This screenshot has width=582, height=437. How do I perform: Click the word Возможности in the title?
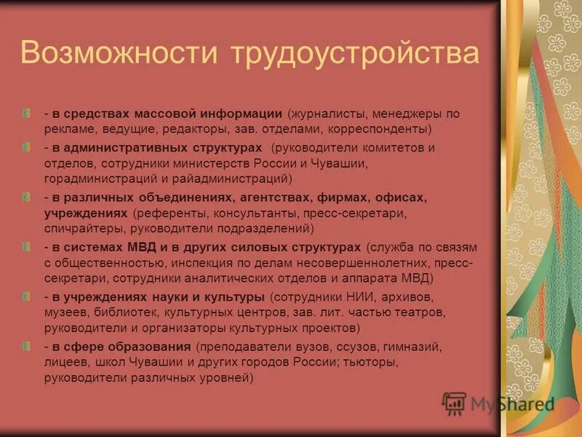(x=120, y=55)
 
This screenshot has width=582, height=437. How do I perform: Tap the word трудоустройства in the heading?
(x=355, y=55)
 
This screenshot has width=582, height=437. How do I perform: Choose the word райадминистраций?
(x=234, y=178)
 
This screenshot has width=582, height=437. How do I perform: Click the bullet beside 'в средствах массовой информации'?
(x=27, y=114)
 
